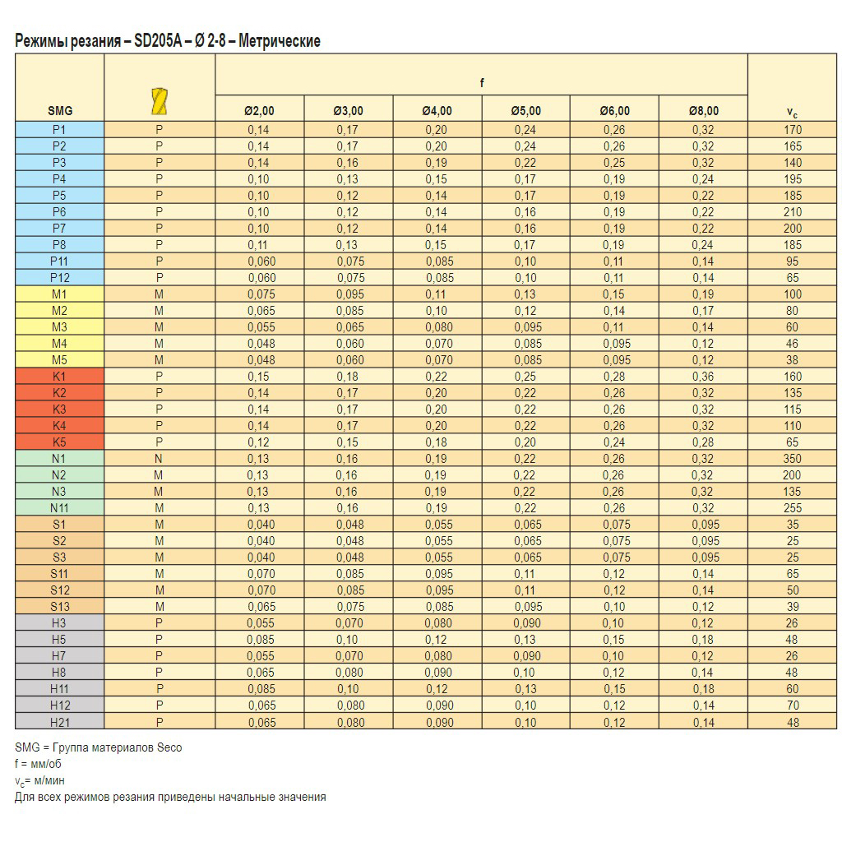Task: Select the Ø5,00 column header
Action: click(x=525, y=111)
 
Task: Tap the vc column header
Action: click(x=793, y=113)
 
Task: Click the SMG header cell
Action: click(x=59, y=111)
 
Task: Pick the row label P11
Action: click(x=59, y=261)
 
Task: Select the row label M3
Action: click(x=59, y=326)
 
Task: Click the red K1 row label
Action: click(x=59, y=376)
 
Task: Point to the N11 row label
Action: click(x=59, y=507)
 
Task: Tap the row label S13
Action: click(x=59, y=606)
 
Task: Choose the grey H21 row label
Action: click(x=59, y=721)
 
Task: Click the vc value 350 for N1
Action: click(x=793, y=458)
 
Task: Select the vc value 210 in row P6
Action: click(x=793, y=211)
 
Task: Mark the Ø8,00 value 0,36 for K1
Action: click(x=703, y=376)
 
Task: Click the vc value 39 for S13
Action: click(x=793, y=606)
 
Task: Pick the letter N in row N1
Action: click(x=160, y=458)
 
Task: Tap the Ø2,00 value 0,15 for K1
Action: click(x=259, y=376)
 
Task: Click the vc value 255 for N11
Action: click(x=793, y=507)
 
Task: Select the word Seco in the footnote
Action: click(x=169, y=747)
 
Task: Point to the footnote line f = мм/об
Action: click(x=38, y=764)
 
